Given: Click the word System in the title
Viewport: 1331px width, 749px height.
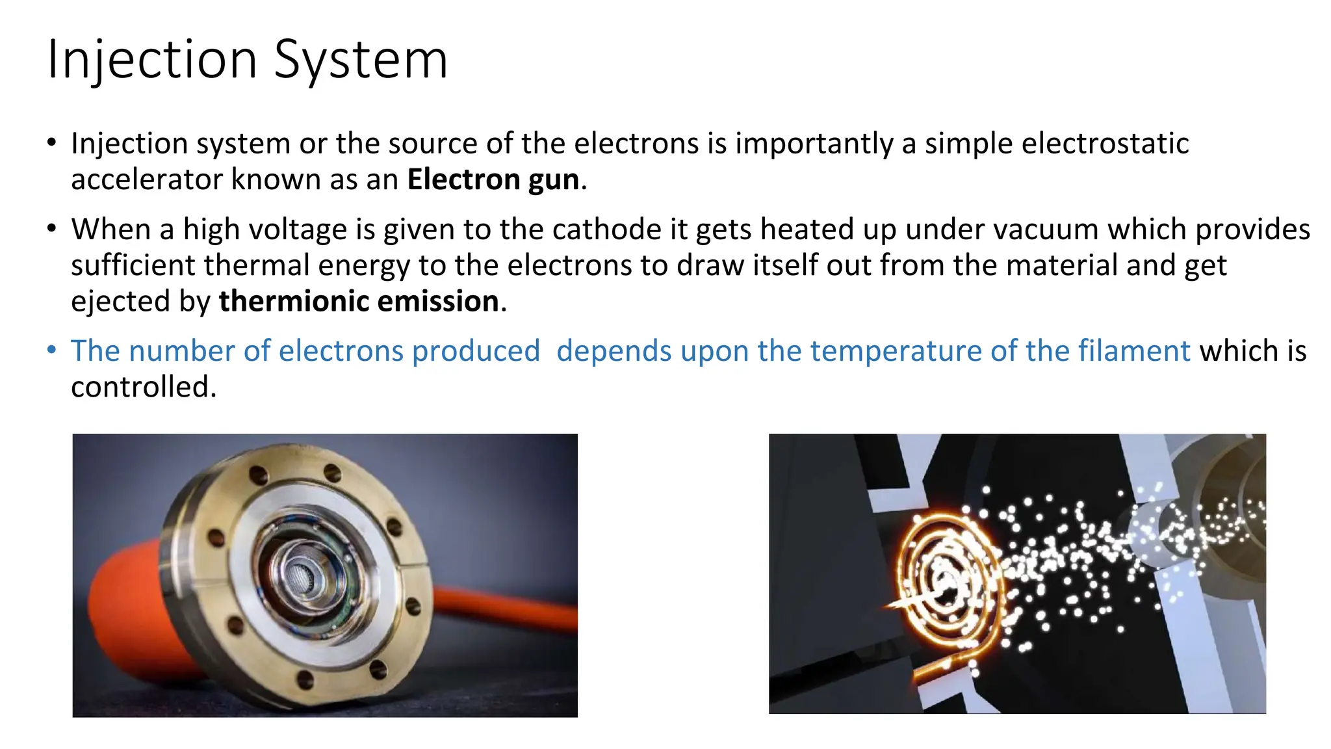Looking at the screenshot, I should [361, 60].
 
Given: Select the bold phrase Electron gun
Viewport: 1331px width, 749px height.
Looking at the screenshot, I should [493, 179].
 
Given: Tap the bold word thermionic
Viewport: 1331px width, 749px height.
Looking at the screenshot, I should [293, 302].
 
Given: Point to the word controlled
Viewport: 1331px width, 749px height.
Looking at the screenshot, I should [143, 388].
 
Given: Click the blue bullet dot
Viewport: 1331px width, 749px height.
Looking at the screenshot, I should [52, 350].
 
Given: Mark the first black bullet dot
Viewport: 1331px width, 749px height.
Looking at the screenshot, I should [52, 143].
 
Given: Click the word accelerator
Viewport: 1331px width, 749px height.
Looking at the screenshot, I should [146, 179].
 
